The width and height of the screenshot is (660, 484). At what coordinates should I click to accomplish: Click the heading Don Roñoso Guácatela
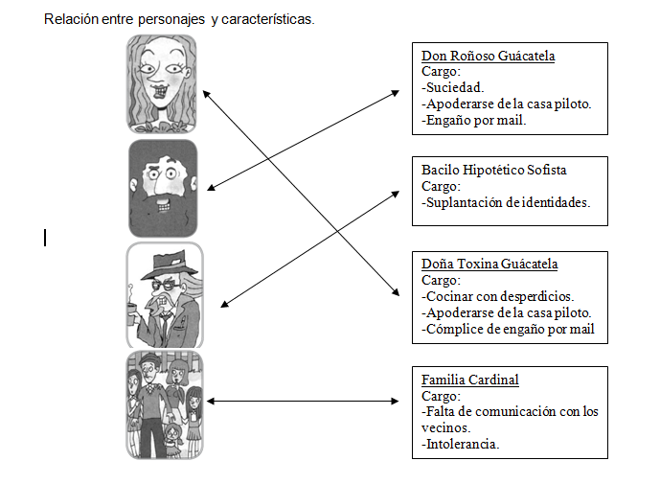click(488, 56)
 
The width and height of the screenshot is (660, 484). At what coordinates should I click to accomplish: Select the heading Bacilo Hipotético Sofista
click(494, 170)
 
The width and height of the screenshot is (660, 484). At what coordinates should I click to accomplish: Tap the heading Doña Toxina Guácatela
click(489, 264)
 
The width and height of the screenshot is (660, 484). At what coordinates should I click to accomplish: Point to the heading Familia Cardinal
click(469, 380)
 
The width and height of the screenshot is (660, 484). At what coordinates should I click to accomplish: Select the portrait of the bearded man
click(162, 188)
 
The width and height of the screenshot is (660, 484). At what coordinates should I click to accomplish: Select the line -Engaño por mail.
click(473, 121)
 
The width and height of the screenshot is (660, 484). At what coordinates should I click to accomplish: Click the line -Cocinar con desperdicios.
click(497, 297)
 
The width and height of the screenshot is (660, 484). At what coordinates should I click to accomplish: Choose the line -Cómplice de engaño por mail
click(508, 330)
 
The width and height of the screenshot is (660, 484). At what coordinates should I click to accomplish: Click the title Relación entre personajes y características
click(179, 18)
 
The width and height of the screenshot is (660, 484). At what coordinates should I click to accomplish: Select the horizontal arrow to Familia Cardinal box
click(303, 402)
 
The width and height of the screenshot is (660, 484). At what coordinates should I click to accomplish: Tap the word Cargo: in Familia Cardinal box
click(441, 396)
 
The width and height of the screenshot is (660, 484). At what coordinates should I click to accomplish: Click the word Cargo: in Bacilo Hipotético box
click(441, 186)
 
